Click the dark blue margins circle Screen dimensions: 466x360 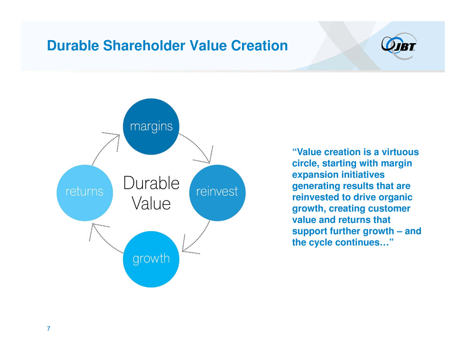(x=151, y=127)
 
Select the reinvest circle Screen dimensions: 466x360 (x=217, y=193)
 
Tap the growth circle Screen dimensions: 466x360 (x=151, y=259)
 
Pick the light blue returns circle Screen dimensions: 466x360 (x=85, y=193)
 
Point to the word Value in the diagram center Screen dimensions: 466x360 (x=151, y=204)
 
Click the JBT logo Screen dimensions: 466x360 (x=399, y=46)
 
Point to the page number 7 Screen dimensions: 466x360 (x=48, y=328)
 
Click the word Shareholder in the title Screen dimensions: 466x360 (x=144, y=46)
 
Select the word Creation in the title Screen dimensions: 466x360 (x=260, y=46)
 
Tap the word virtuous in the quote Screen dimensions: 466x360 (x=400, y=152)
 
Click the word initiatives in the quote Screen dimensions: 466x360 (x=363, y=175)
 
